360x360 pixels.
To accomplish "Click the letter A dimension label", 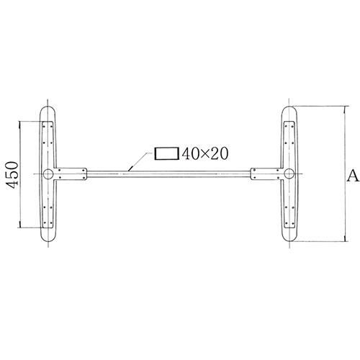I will pyautogui.click(x=351, y=175).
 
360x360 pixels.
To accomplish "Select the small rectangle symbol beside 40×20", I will pyautogui.click(x=166, y=153).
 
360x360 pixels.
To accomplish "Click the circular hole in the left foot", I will pyautogui.click(x=48, y=174).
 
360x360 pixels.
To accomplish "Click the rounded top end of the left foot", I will pyautogui.click(x=48, y=109).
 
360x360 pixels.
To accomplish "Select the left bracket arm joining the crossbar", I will pyautogui.click(x=72, y=174).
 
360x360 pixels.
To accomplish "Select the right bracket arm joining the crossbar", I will pyautogui.click(x=265, y=174).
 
